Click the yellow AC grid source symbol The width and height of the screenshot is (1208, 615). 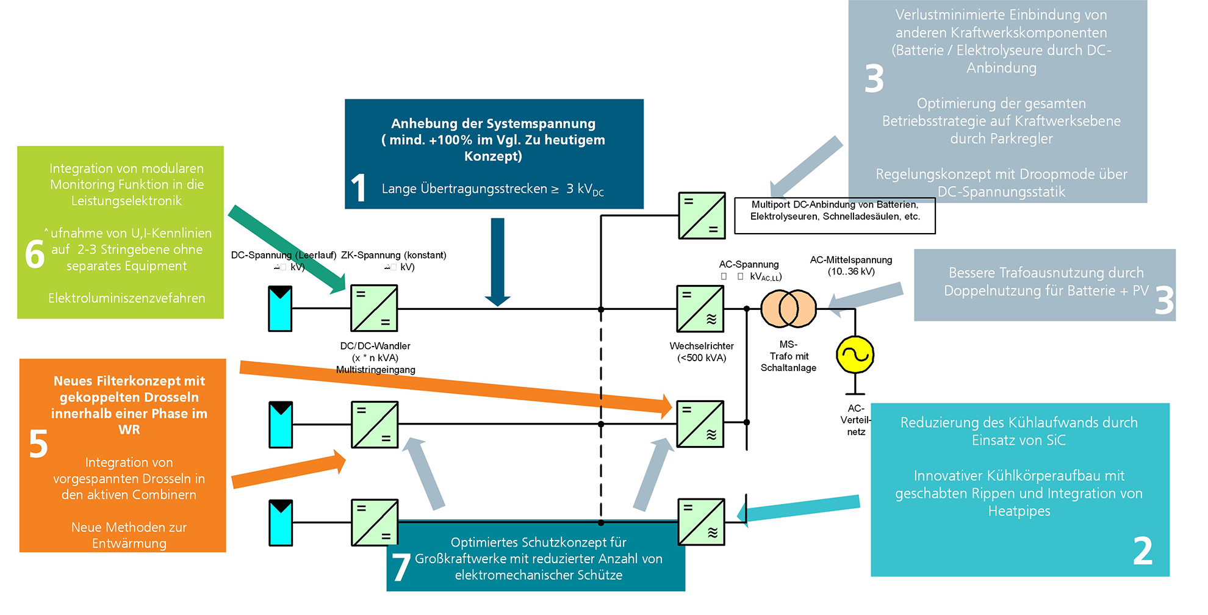(x=855, y=354)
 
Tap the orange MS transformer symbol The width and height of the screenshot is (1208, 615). (x=788, y=309)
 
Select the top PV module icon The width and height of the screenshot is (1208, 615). (x=280, y=309)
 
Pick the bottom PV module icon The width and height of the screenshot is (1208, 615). (x=281, y=522)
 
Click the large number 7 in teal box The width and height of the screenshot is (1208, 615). (x=401, y=567)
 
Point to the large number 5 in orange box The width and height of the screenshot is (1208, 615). (x=38, y=444)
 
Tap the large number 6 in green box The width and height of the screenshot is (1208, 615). (x=35, y=254)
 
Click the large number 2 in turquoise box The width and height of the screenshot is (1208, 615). (x=1142, y=551)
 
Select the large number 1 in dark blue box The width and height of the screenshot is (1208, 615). (x=359, y=188)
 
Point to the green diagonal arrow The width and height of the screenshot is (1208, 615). (x=287, y=250)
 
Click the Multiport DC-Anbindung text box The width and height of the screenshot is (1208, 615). (x=835, y=215)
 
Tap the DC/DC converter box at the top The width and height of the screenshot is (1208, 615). (x=374, y=308)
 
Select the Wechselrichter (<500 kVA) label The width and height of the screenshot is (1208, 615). (x=701, y=352)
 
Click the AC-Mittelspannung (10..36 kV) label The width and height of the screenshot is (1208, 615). (x=850, y=265)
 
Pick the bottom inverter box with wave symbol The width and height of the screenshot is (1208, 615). (x=701, y=522)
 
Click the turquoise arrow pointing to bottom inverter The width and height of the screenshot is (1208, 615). (x=799, y=508)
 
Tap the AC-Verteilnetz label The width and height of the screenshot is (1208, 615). (x=855, y=420)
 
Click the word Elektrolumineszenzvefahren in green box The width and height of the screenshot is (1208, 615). (x=127, y=298)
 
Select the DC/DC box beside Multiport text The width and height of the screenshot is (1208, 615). (x=702, y=215)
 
